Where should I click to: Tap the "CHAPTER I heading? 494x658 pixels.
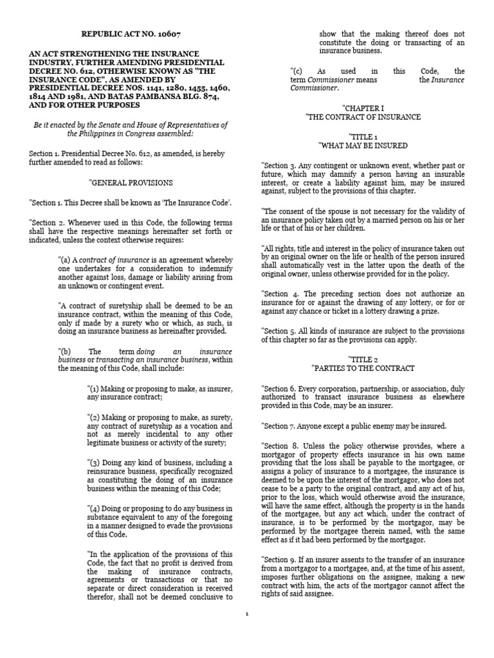[x=363, y=108]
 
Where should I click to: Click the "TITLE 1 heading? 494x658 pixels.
[x=363, y=137]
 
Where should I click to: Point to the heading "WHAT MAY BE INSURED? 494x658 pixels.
[x=363, y=146]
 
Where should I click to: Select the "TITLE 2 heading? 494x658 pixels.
[x=363, y=359]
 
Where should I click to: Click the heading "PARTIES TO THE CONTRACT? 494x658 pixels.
[x=363, y=368]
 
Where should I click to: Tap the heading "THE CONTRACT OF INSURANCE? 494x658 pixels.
[x=363, y=117]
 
